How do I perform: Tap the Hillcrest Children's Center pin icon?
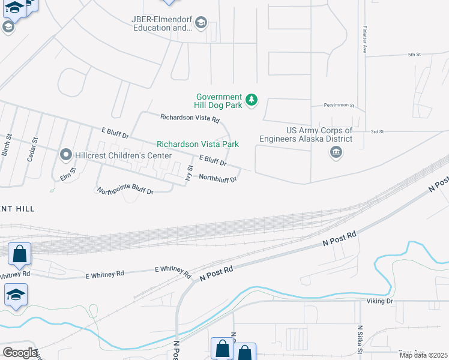pyautogui.click(x=65, y=155)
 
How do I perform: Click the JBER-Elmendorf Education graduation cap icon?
pyautogui.click(x=201, y=23)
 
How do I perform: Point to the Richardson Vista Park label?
pyautogui.click(x=197, y=144)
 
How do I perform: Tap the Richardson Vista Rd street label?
pyautogui.click(x=190, y=118)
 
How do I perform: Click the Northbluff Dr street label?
pyautogui.click(x=218, y=178)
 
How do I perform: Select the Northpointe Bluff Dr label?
pyautogui.click(x=125, y=191)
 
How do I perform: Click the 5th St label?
pyautogui.click(x=414, y=55)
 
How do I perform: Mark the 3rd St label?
pyautogui.click(x=377, y=131)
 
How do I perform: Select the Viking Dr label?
pyautogui.click(x=381, y=301)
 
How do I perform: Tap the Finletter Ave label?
pyautogui.click(x=364, y=40)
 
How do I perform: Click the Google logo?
pyautogui.click(x=19, y=353)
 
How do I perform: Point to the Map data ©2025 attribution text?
pyautogui.click(x=423, y=355)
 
